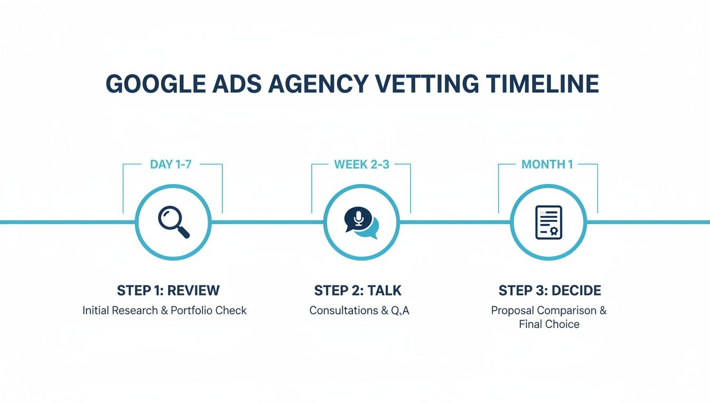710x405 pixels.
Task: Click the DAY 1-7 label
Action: (171, 165)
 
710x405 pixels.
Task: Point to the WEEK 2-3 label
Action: (361, 165)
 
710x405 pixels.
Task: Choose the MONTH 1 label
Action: (547, 165)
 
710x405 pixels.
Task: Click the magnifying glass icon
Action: (174, 222)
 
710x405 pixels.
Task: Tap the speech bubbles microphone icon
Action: (361, 223)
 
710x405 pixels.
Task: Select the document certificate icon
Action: (549, 223)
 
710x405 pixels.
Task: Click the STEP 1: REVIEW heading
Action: (168, 291)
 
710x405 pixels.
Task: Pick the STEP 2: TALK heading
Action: (358, 291)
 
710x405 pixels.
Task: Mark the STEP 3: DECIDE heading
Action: (549, 291)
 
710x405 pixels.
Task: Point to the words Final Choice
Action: (549, 324)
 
